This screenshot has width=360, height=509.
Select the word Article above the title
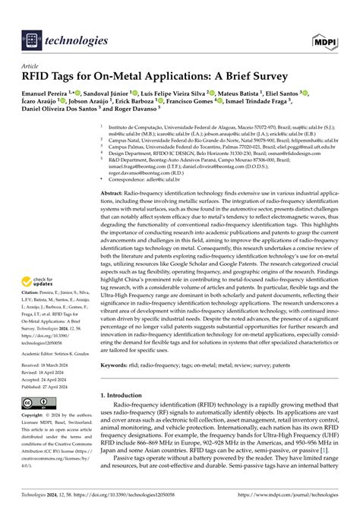point(33,66)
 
